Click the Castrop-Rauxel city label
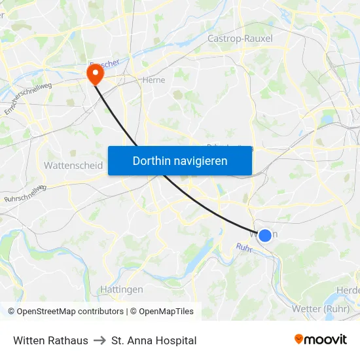240,39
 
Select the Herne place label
153,80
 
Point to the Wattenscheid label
73,166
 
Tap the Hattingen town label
122,289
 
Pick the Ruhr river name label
244,248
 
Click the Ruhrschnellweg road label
25,193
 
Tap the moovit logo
320,340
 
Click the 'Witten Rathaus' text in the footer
50,340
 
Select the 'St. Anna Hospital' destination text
154,340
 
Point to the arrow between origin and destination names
99,340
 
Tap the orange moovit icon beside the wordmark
299,340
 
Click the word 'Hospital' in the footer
175,340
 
